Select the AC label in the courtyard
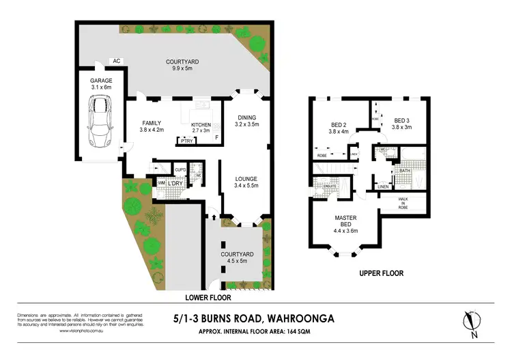[117, 61]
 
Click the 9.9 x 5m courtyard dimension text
[180, 69]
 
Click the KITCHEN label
[200, 124]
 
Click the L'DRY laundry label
[175, 184]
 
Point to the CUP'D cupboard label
[180, 169]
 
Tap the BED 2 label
[339, 124]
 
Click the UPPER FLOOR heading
[381, 273]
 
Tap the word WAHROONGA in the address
[307, 317]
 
